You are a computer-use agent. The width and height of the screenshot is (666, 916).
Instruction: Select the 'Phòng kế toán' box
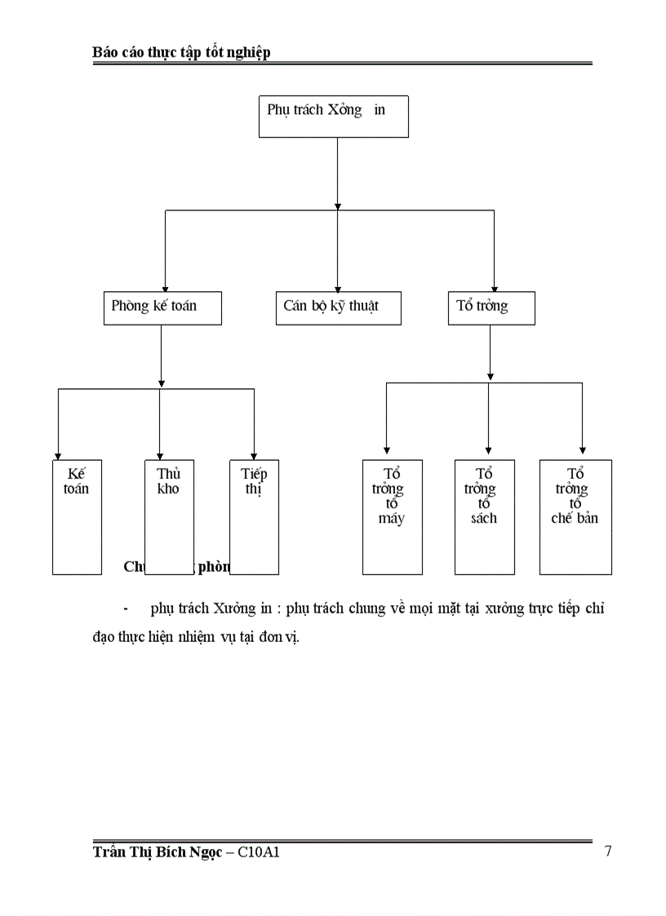coord(162,308)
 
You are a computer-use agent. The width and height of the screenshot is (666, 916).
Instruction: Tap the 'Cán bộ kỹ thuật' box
coord(338,308)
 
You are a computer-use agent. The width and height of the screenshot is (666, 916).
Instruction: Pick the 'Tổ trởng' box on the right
coord(491,308)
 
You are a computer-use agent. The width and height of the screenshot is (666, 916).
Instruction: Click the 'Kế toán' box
coord(77,516)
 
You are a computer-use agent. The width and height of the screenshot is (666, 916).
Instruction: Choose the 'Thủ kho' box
coord(169,516)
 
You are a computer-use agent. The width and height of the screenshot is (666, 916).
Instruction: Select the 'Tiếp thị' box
coord(254,516)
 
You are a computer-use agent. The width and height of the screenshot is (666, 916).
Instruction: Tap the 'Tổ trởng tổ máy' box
coord(392,516)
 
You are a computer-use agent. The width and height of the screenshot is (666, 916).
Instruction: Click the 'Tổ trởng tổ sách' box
coord(484,516)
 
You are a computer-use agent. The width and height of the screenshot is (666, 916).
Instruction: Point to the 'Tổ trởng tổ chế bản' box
coord(575,516)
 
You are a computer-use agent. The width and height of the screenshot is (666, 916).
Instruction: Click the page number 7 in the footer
coord(608,852)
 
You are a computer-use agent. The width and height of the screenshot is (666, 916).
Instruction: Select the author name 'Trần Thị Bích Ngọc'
coord(157,853)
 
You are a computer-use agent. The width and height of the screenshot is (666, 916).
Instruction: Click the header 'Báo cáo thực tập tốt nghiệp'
coord(181,52)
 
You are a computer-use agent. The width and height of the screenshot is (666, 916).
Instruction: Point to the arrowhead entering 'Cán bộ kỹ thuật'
coord(338,287)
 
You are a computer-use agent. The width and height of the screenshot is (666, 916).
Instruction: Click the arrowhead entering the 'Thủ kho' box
coord(160,454)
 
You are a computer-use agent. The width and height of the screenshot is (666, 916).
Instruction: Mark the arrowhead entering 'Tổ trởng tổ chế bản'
coord(582,448)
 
